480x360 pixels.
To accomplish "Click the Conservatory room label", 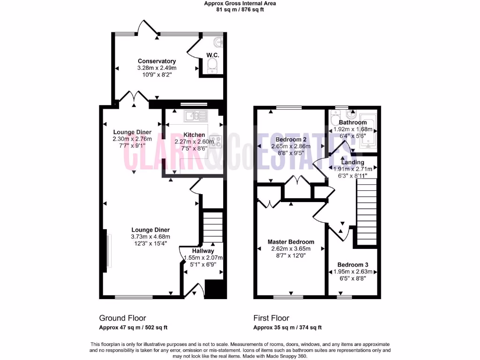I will pos(157,61).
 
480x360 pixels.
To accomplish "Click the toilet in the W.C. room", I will pos(212,66).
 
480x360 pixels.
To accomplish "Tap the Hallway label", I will pos(202,251).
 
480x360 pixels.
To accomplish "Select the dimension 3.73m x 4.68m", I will pos(150,237).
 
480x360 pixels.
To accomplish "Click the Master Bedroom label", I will pos(291,242).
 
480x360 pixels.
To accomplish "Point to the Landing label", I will pos(352,162).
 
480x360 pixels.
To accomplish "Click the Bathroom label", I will pos(352,123).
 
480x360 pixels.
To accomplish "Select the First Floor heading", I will pos(271,318).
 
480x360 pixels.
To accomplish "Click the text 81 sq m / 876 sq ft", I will pos(240,9).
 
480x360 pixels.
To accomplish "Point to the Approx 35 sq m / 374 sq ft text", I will pos(287,328).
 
